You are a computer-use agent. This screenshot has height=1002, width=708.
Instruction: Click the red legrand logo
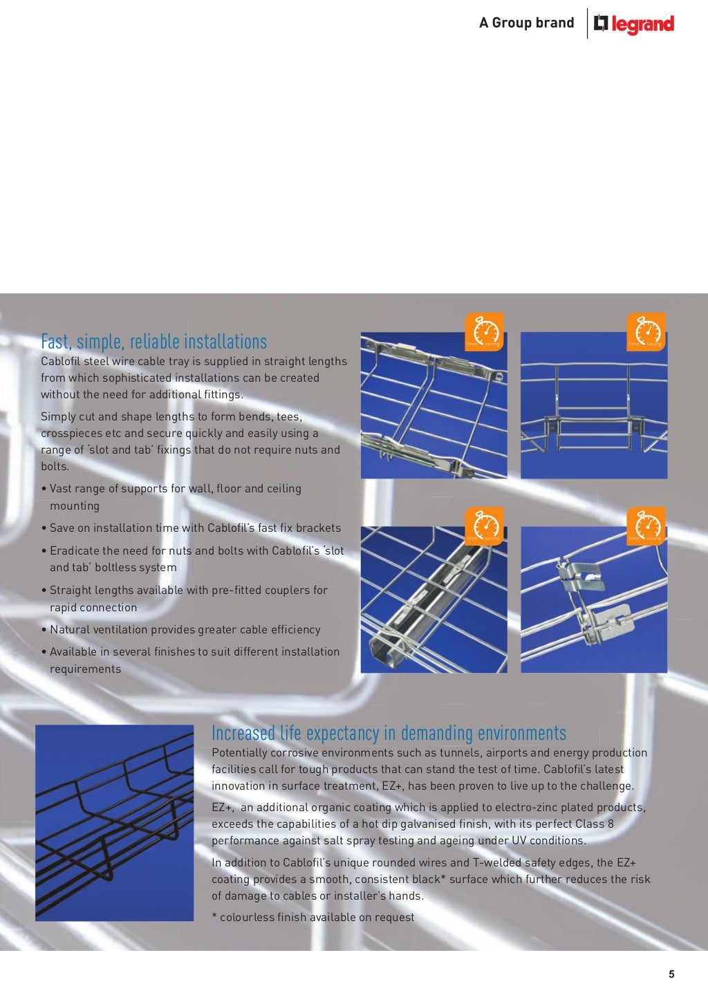(634, 24)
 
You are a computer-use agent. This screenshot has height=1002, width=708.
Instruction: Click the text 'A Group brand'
(526, 23)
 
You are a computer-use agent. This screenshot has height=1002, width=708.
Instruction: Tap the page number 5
(671, 974)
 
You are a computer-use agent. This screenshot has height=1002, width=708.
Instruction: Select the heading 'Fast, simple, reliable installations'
(153, 342)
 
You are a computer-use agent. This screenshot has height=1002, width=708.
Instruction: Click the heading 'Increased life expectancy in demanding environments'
(389, 733)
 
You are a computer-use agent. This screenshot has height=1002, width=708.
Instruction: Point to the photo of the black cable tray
(114, 822)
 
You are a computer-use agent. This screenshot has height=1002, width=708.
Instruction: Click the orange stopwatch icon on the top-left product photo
(483, 331)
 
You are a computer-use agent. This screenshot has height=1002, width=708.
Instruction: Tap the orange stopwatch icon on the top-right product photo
(646, 331)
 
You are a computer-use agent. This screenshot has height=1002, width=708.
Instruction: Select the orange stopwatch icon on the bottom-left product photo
(483, 526)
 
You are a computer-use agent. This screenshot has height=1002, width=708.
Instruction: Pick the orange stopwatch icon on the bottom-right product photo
(646, 526)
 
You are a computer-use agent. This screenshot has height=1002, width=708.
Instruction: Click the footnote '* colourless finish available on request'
(313, 917)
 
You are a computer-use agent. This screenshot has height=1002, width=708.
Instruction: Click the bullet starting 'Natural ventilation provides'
(185, 629)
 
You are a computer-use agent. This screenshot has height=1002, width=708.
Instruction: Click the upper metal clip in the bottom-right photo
(581, 576)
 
